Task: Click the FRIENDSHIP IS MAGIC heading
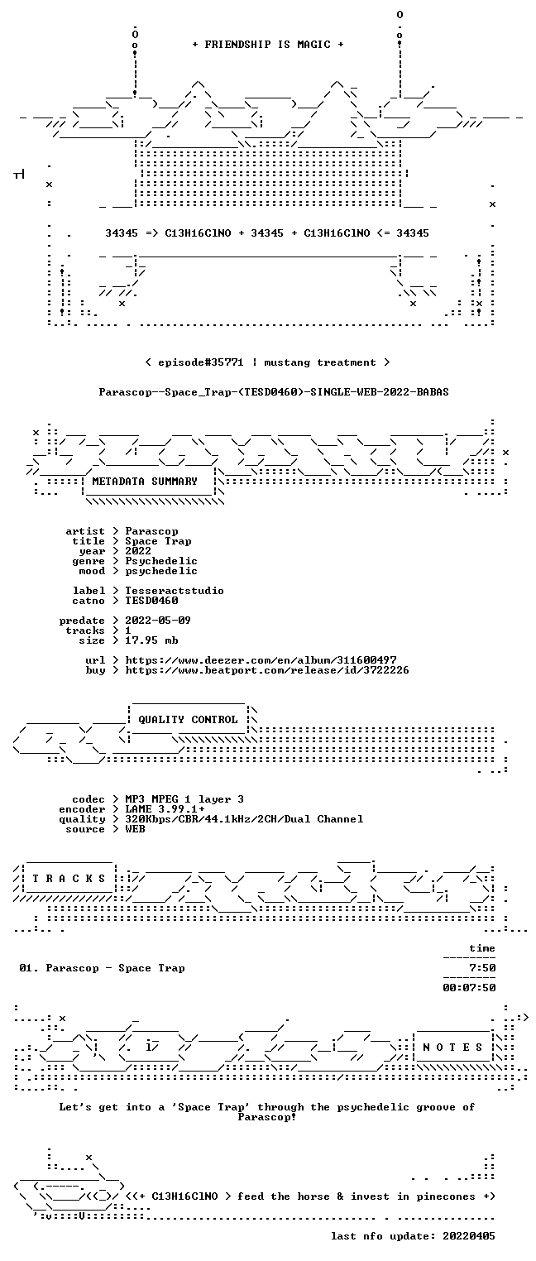click(x=267, y=45)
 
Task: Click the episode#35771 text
click(x=200, y=362)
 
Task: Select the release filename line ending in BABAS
click(x=274, y=392)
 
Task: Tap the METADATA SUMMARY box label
click(x=145, y=482)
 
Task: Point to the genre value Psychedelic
click(x=161, y=561)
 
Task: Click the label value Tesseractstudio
click(x=175, y=591)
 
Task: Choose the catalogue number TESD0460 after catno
click(x=151, y=601)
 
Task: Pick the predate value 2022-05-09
click(x=158, y=621)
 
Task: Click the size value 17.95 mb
click(x=151, y=640)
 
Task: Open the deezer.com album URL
click(x=261, y=659)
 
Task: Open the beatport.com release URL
click(x=267, y=670)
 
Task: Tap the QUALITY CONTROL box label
click(x=188, y=719)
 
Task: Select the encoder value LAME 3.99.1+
click(x=165, y=809)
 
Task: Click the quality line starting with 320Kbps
click(x=244, y=819)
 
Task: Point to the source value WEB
click(x=135, y=829)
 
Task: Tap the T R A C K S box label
click(x=69, y=879)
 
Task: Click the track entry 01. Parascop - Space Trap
click(x=102, y=968)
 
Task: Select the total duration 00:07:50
click(x=469, y=988)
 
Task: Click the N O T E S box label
click(x=452, y=1047)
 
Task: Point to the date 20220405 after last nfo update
click(x=469, y=1236)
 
